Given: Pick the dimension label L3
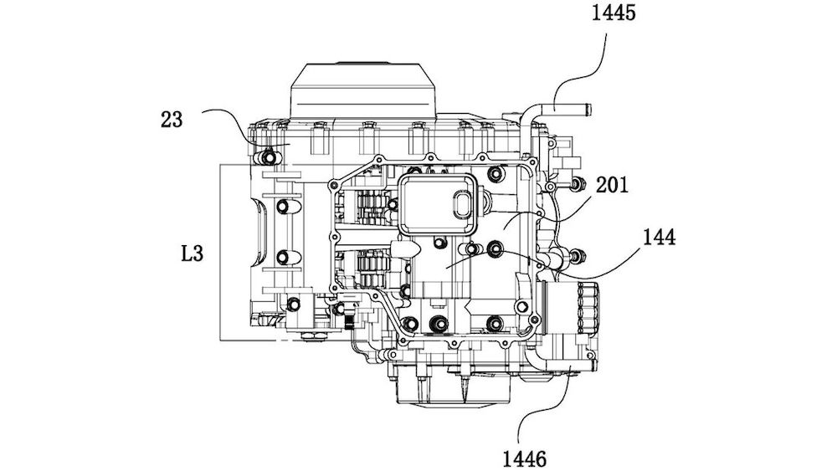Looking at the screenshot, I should [x=193, y=252].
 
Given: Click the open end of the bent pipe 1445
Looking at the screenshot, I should [x=588, y=107].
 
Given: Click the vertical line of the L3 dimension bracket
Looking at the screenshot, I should [x=220, y=252].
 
